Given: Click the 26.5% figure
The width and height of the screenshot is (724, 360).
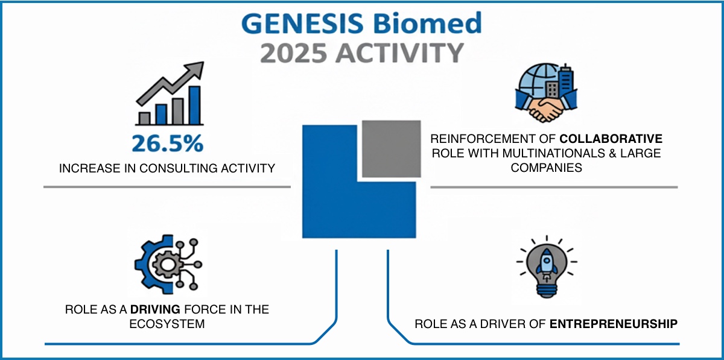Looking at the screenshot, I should click(168, 144).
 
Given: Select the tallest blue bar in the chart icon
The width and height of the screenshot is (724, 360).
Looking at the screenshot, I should click(195, 104).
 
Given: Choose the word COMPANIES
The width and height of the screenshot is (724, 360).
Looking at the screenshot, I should click(547, 168).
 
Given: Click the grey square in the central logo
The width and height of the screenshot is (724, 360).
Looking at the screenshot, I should click(391, 148).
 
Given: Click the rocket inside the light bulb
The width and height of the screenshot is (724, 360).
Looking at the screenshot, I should click(547, 265).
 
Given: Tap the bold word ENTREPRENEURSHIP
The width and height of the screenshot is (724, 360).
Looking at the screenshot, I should click(614, 324).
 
